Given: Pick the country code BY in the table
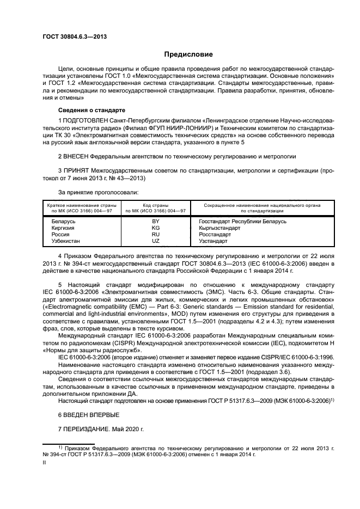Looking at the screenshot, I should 156,222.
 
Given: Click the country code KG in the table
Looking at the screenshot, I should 156,228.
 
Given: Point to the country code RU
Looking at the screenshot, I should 156,234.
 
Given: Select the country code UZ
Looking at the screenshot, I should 156,240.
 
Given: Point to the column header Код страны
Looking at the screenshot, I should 156,205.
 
